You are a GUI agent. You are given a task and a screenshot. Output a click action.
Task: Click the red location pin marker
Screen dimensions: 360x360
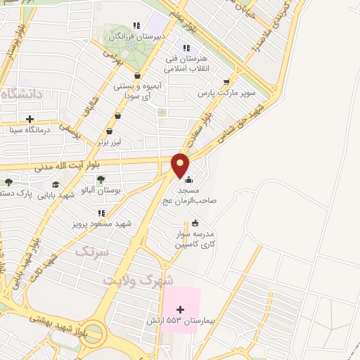coord(181,165)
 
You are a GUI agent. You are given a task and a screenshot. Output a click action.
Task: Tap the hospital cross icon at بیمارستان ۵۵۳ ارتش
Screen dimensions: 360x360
coord(180,309)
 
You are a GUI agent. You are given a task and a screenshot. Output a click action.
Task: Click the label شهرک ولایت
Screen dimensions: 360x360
coord(138,279)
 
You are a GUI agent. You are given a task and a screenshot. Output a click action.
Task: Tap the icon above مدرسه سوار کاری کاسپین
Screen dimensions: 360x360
coord(195,224)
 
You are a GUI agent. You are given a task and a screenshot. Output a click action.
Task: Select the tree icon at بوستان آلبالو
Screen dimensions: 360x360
coord(101,179)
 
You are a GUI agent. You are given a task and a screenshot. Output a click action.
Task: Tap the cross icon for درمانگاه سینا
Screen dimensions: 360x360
coord(29,120)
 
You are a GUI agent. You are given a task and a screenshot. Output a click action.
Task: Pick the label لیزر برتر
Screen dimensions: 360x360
coord(111,141)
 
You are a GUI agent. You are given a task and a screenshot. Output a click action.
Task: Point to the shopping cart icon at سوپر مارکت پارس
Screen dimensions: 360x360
coord(226,81)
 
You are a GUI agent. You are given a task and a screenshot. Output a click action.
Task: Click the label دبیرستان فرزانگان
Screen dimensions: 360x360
coord(160,35)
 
